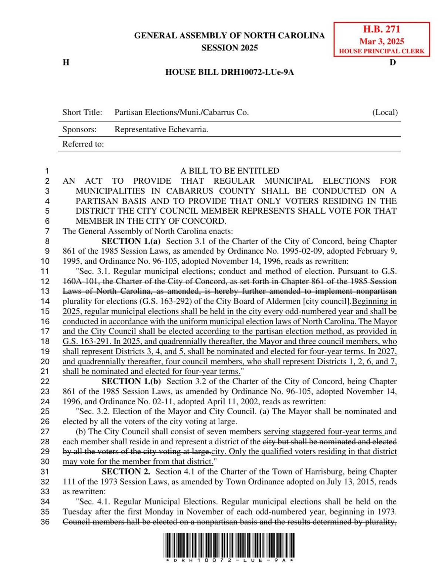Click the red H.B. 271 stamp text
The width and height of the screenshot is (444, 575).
click(x=381, y=30)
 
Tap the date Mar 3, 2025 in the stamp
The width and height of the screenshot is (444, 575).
click(x=381, y=41)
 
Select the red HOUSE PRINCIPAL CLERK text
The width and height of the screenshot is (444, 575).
click(x=381, y=51)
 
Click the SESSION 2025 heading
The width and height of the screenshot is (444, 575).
click(x=229, y=48)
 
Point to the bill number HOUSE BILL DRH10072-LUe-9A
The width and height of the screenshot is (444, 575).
click(x=229, y=72)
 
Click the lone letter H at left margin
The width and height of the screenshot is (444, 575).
click(x=66, y=62)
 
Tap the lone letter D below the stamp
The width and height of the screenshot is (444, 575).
click(x=393, y=62)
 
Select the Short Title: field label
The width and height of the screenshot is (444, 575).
click(x=82, y=112)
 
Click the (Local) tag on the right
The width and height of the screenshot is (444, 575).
click(x=385, y=112)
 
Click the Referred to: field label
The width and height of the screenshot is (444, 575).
click(x=83, y=144)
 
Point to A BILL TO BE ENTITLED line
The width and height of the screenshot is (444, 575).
click(x=229, y=171)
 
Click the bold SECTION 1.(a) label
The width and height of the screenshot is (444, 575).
click(x=131, y=241)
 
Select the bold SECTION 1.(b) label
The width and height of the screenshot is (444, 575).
click(x=131, y=381)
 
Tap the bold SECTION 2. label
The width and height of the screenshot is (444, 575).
click(x=126, y=472)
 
